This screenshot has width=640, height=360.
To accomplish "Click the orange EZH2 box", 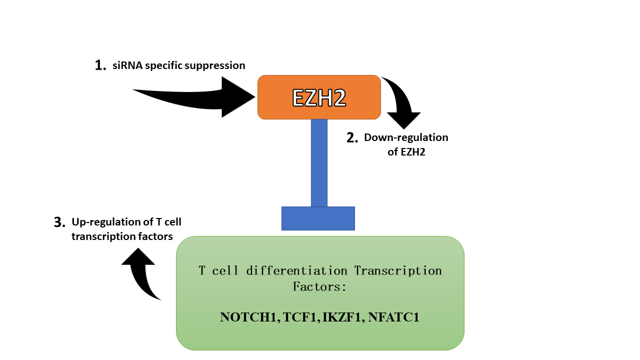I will click(x=319, y=97).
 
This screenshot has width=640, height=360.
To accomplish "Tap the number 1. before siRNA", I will click(x=100, y=65).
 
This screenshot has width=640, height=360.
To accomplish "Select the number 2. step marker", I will click(x=352, y=138).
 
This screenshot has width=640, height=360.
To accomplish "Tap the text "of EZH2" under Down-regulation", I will click(x=406, y=152).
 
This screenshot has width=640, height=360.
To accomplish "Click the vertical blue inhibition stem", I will click(x=319, y=162).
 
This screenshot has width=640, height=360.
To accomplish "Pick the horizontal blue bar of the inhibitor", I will click(x=318, y=218).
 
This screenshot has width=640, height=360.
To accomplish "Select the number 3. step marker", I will click(x=59, y=222).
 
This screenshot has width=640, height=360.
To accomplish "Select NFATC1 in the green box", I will click(x=393, y=317).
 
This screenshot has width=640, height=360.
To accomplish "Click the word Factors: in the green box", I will click(x=320, y=287).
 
